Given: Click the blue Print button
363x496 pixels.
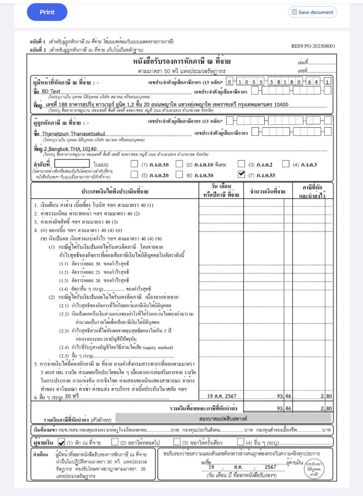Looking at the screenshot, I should pyautogui.click(x=47, y=12).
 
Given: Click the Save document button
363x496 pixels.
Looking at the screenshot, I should pyautogui.click(x=312, y=12).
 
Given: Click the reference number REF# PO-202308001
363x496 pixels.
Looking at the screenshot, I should pyautogui.click(x=313, y=46).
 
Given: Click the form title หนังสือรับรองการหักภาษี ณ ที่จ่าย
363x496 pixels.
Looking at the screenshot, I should pyautogui.click(x=181, y=62).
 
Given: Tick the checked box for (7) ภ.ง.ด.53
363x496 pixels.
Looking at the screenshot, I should pyautogui.click(x=241, y=174).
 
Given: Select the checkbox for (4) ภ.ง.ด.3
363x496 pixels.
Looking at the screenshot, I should pyautogui.click(x=285, y=164).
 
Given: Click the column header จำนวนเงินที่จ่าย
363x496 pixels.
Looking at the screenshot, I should pyautogui.click(x=267, y=191).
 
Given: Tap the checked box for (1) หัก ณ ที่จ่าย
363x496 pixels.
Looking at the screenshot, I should pyautogui.click(x=61, y=443).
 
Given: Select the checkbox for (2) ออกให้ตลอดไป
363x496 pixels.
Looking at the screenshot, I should pyautogui.click(x=115, y=443).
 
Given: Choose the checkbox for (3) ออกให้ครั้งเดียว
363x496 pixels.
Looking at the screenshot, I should pyautogui.click(x=177, y=443).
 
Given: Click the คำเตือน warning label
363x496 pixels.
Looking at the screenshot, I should pyautogui.click(x=39, y=454).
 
